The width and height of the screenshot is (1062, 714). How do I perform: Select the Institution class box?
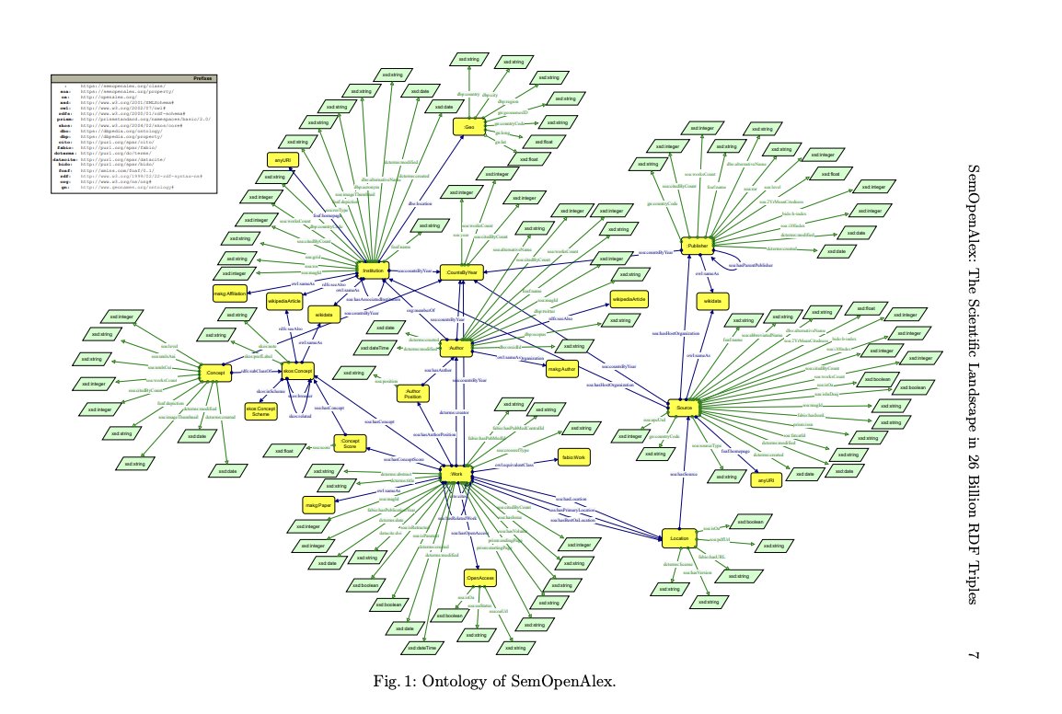point(373,271)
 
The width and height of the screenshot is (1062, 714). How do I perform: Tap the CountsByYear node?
point(462,272)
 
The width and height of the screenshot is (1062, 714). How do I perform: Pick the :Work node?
point(454,475)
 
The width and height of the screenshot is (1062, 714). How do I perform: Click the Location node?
point(680,537)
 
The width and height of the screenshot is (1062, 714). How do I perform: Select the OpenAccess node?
point(480,578)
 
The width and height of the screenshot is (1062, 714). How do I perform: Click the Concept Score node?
point(349,443)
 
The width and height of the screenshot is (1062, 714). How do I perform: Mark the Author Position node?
point(411,395)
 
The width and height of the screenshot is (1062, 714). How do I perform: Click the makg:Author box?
point(561,370)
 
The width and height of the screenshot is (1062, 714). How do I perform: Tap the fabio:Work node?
point(571,457)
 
